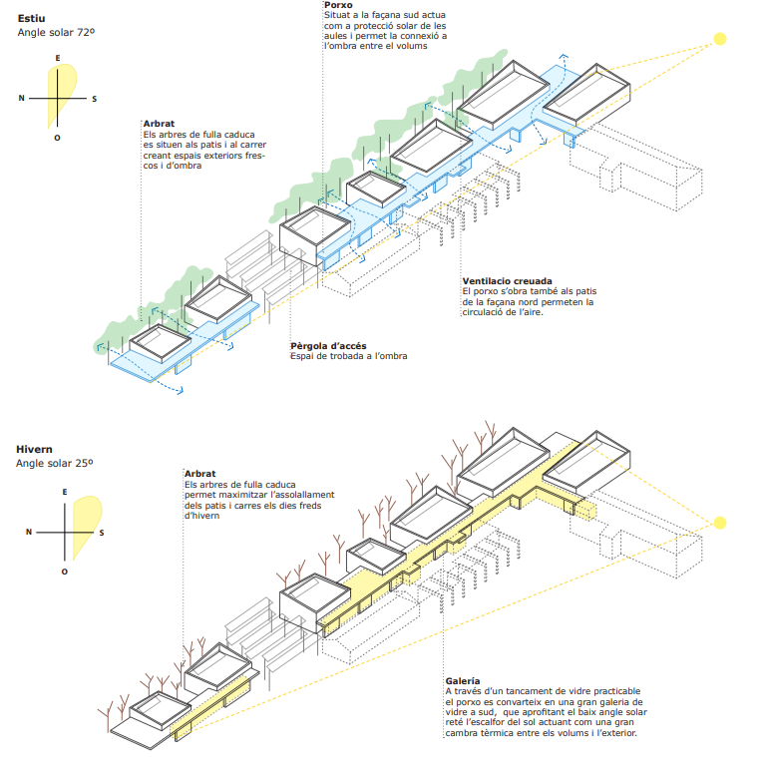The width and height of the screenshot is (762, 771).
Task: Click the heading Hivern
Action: (x=36, y=449)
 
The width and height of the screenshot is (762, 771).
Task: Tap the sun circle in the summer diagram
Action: (x=718, y=41)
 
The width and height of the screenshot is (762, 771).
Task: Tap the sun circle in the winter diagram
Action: (x=718, y=522)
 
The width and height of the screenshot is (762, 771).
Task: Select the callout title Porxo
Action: (x=338, y=5)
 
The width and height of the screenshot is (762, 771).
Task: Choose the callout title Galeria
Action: (x=463, y=680)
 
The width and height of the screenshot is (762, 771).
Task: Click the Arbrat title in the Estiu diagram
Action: (x=159, y=124)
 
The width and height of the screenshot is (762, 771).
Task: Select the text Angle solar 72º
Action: (x=56, y=33)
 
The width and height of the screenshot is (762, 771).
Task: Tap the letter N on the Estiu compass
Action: (x=21, y=98)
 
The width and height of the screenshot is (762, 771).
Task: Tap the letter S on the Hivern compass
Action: (x=102, y=532)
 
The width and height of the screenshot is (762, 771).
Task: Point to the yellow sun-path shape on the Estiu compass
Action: (x=54, y=100)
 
